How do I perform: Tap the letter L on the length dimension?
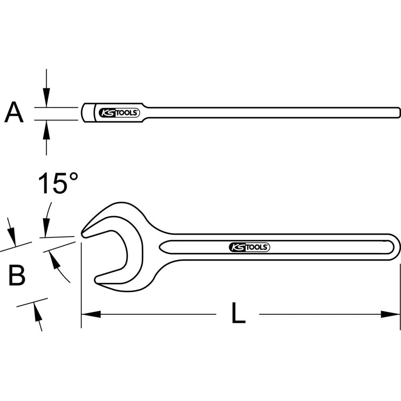pos(238,313)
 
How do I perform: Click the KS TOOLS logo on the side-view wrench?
pos(119,113)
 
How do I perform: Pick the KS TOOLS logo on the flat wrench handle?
pos(249,247)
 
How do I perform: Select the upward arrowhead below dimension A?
pos(47,128)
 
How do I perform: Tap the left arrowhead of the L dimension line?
pos(91,314)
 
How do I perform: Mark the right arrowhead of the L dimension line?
pos(391,314)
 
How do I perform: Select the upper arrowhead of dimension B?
pos(12,237)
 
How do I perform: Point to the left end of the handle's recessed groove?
pos(162,247)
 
